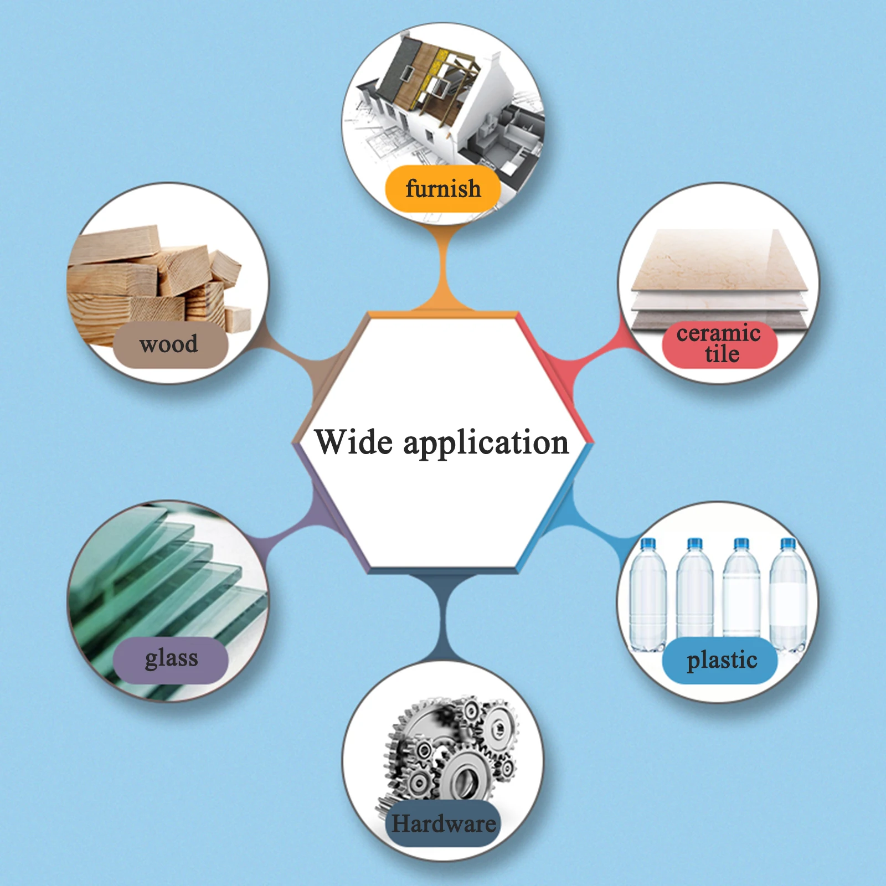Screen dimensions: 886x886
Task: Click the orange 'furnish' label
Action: tap(443, 189)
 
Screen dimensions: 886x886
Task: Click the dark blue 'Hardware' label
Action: tap(443, 823)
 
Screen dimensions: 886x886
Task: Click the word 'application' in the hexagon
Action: tap(486, 444)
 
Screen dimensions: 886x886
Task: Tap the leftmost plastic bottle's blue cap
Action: tap(647, 545)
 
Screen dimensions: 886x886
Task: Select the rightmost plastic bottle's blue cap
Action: tap(787, 545)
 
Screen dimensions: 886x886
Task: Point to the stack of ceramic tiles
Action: tap(719, 277)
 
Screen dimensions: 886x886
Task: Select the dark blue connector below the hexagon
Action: tap(443, 615)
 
